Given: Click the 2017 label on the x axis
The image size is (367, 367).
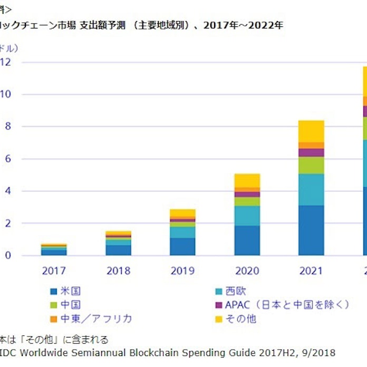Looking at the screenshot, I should click(54, 272).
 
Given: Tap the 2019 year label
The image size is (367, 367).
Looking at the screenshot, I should click(182, 272).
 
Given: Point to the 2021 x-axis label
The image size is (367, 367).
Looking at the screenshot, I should click(311, 272).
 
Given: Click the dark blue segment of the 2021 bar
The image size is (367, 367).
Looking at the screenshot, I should click(311, 230).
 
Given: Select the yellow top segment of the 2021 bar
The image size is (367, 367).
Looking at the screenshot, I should click(311, 131).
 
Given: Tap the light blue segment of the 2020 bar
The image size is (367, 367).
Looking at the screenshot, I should click(247, 216).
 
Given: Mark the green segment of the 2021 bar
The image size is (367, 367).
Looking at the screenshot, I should click(311, 165).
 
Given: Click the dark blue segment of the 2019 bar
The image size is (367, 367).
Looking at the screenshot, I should click(182, 247).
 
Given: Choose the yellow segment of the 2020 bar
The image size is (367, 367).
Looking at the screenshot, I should click(247, 180).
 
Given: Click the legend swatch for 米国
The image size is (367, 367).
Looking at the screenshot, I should click(53, 291).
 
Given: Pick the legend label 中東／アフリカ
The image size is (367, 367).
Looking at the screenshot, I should click(95, 318).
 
